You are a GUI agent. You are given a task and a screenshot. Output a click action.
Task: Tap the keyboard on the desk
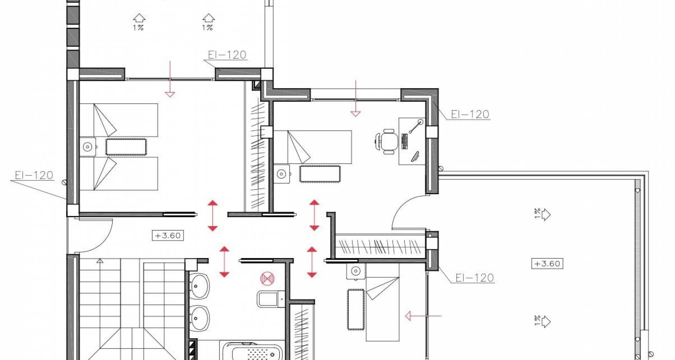point(405,141)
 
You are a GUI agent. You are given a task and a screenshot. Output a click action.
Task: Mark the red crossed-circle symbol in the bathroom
point(267,278)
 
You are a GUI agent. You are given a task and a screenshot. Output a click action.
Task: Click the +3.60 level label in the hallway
point(168,235)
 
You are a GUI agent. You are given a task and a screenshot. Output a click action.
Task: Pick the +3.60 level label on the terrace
point(547,263)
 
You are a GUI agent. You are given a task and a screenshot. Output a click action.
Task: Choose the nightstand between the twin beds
point(88,147)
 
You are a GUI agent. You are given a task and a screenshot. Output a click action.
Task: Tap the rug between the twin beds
point(126,147)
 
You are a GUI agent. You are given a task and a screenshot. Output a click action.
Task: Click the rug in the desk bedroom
point(320,174)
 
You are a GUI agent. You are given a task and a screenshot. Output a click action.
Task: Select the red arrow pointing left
point(423,316)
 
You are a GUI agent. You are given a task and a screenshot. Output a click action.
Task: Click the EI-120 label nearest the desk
point(470,114)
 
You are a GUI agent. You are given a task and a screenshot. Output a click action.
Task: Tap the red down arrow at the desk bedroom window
point(356,98)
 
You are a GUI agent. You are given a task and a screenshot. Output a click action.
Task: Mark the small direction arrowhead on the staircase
point(100,261)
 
